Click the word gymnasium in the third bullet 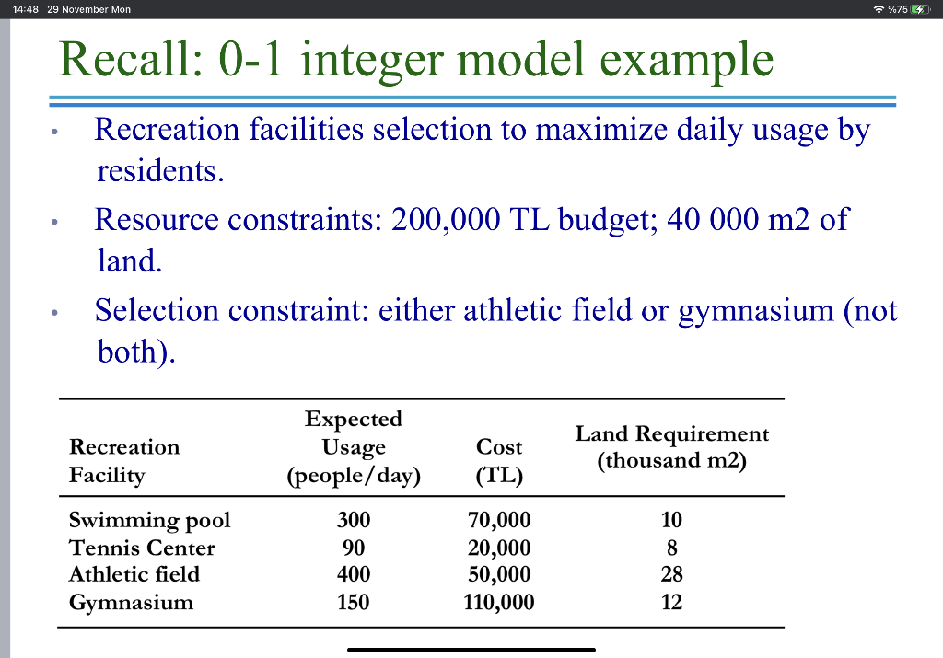pos(755,310)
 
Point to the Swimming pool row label pos(149,520)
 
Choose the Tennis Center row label pos(141,548)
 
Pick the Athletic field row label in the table pos(134,574)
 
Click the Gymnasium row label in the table pos(131,603)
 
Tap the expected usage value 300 pos(354,520)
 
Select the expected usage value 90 pos(354,548)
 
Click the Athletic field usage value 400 pos(354,574)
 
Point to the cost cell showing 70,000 pos(499,520)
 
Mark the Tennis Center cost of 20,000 pos(499,548)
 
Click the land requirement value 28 pos(671,574)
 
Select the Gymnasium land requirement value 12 pos(671,603)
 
